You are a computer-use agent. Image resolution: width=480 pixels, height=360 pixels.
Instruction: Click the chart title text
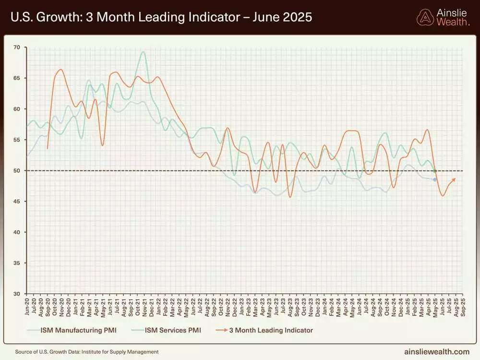pos(161,17)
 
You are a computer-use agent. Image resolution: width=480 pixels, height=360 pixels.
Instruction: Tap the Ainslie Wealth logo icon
pos(425,17)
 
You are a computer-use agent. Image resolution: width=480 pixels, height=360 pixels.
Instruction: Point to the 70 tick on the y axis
pos(17,47)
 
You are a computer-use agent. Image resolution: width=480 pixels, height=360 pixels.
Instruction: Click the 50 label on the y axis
pos(17,170)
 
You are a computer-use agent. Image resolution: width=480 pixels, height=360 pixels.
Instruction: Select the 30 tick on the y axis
pos(17,294)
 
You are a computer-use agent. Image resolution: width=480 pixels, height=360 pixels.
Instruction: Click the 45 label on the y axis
pos(17,201)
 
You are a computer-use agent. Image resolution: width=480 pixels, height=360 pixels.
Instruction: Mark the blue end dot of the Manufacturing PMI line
pos(435,180)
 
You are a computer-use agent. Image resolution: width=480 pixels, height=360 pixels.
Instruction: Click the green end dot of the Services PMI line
pos(434,171)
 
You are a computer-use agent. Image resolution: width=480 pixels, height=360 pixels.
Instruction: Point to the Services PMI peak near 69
pos(143,52)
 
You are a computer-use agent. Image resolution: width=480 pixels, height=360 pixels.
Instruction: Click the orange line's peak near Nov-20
pos(60,70)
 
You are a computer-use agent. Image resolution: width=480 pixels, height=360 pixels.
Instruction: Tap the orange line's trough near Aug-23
pos(290,197)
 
